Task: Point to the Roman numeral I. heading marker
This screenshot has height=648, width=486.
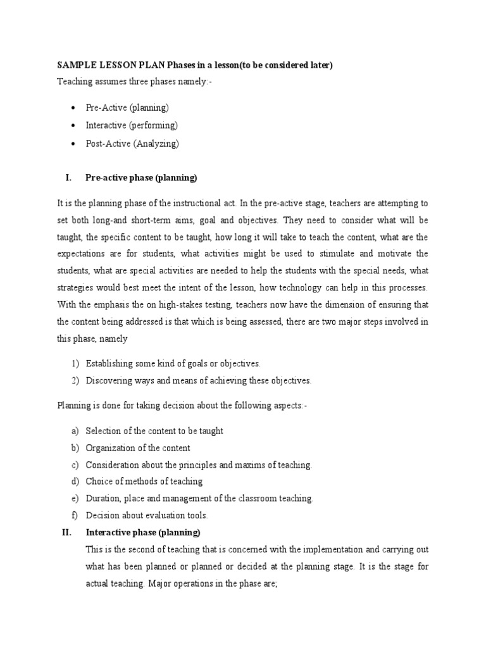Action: (68, 178)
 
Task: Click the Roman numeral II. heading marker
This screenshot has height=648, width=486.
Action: (67, 532)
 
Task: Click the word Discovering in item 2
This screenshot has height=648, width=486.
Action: (108, 380)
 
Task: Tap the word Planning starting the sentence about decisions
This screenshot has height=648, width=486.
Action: (74, 406)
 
